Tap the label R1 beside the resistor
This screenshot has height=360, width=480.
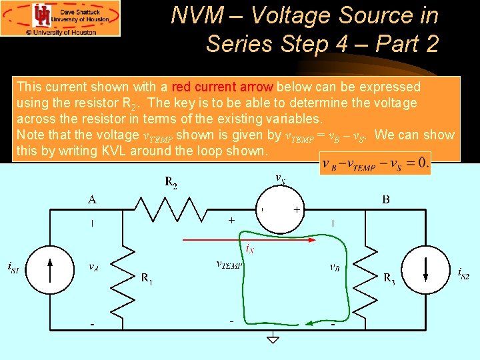coord(147,279)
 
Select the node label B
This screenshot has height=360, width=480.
coord(386,199)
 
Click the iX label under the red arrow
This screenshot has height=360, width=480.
coord(249,249)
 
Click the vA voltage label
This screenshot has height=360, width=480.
coord(95,267)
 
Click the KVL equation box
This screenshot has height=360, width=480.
coord(375,163)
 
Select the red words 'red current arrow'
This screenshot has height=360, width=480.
coord(222,87)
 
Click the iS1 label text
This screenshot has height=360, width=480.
coord(13,268)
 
